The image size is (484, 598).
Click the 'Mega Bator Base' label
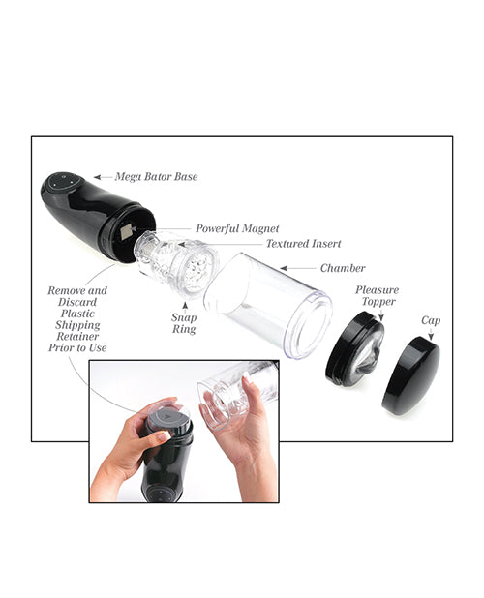[157, 178]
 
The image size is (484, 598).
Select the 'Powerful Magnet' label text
[238, 229]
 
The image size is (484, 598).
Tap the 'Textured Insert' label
[303, 244]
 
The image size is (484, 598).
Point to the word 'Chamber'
[342, 267]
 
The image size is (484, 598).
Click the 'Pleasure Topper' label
[377, 296]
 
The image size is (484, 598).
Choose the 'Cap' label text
[431, 319]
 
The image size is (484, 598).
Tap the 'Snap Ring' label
[184, 323]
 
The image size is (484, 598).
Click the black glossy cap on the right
[410, 376]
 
